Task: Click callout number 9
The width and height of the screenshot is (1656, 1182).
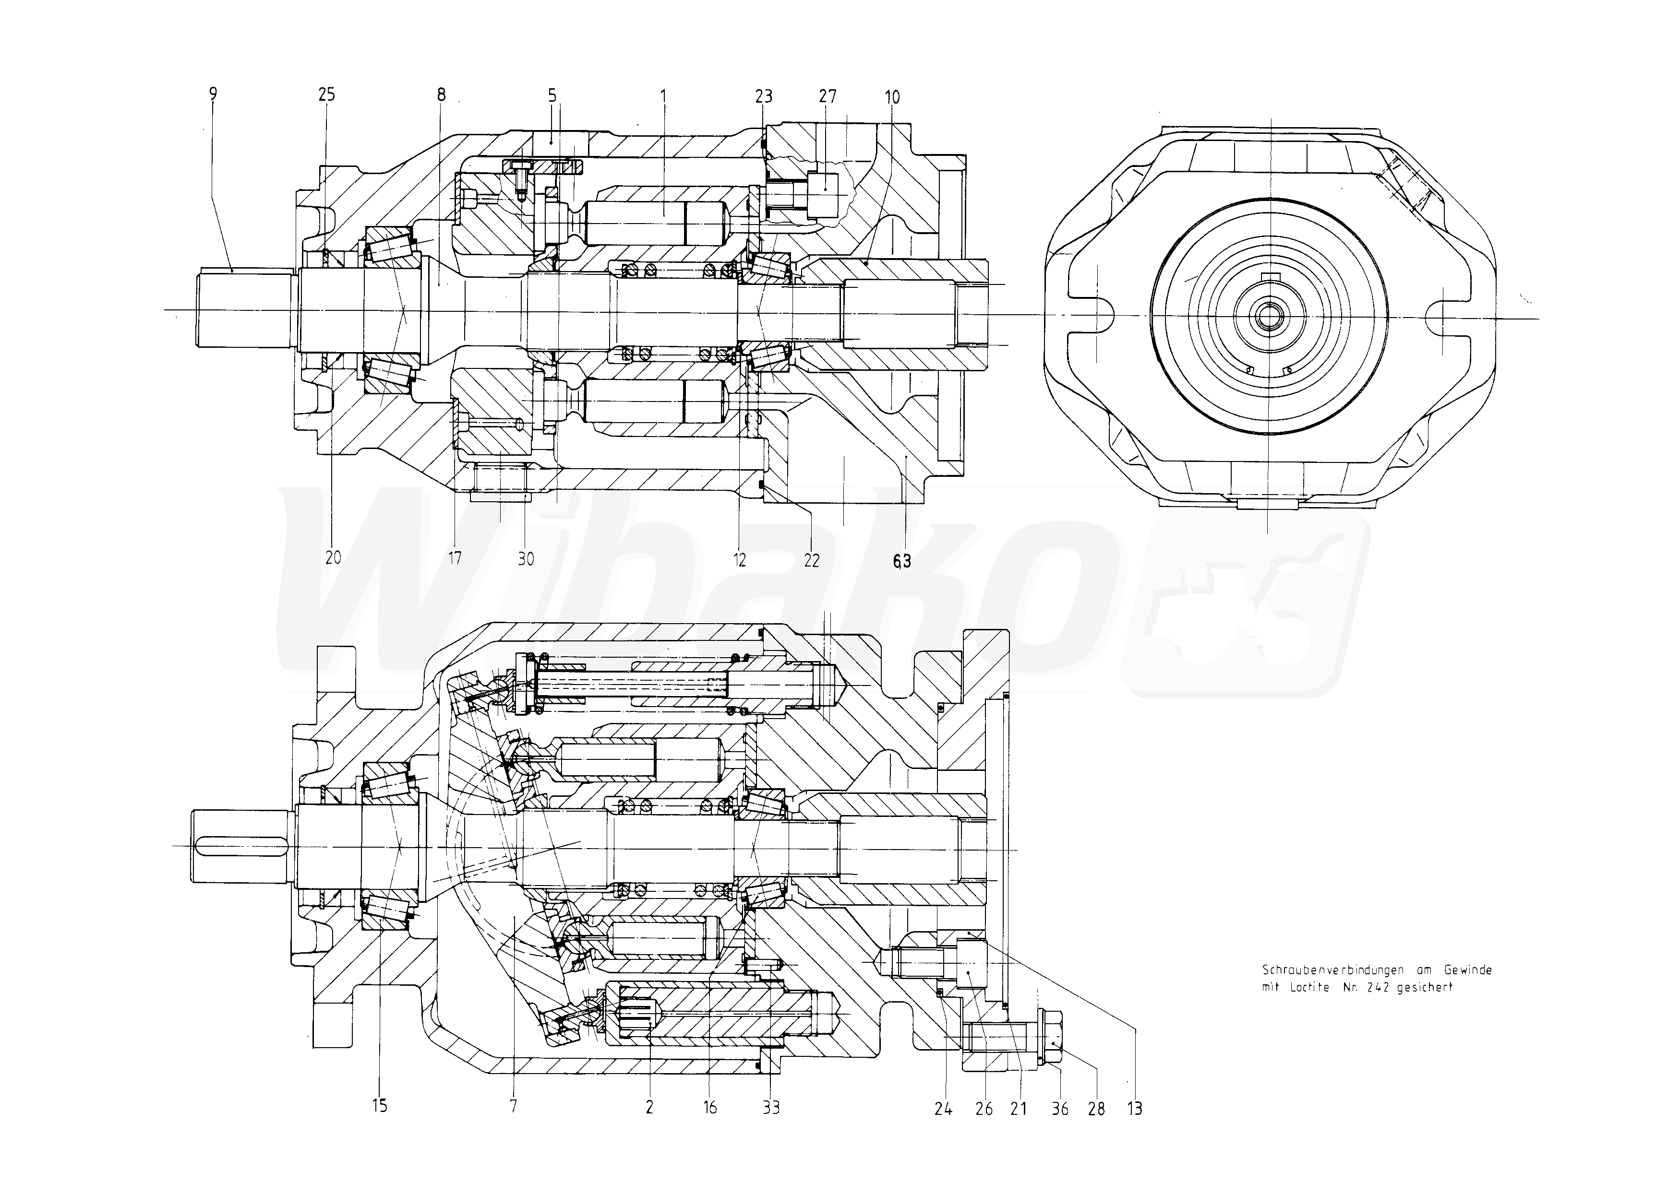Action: tap(213, 94)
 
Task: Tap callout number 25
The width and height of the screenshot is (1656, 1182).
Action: tap(326, 95)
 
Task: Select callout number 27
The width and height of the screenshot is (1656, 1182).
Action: tap(828, 96)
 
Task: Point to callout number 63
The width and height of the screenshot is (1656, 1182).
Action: tap(901, 560)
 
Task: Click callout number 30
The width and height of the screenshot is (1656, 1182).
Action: tap(526, 559)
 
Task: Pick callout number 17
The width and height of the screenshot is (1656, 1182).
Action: tap(455, 559)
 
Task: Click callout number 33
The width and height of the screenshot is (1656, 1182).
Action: tap(771, 1108)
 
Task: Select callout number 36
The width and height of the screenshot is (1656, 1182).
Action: tap(1060, 1109)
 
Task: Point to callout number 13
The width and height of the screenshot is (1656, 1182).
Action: tap(1134, 1109)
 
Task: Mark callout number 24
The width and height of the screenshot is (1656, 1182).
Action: tap(943, 1109)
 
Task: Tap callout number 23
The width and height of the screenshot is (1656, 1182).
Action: tap(763, 96)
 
